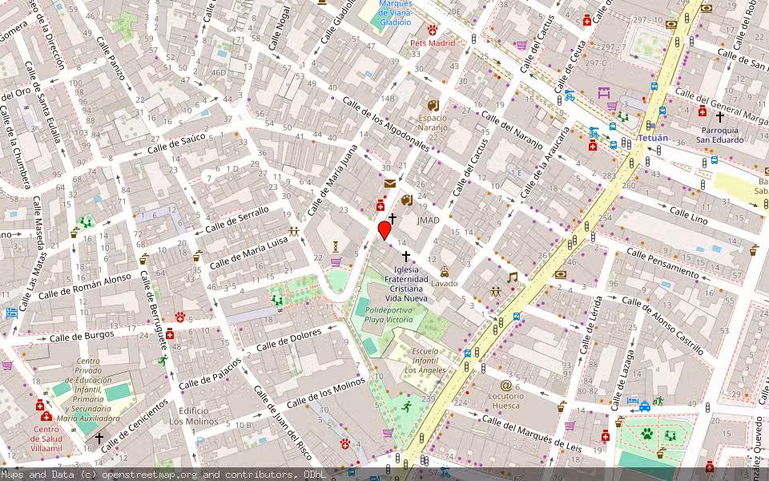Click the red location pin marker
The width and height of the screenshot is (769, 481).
384,230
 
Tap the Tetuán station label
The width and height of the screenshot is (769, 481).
652,138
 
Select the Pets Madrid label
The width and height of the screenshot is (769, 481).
432,42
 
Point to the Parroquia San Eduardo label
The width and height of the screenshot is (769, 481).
719,134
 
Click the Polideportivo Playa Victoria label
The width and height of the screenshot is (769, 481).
389,313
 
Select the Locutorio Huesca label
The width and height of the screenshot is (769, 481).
505,400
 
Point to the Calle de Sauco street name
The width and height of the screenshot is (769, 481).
176,143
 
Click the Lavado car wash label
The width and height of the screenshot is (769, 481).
444,283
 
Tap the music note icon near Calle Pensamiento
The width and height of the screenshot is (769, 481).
512,277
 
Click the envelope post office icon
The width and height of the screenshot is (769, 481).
389,184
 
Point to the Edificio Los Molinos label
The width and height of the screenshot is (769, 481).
193,415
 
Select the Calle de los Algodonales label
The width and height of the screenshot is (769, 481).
386,124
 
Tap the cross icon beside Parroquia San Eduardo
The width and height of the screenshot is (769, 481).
719,117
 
